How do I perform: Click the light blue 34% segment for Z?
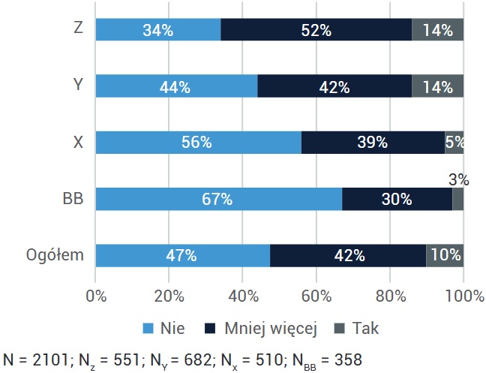coord(158,29)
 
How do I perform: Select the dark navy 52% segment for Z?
coord(316,29)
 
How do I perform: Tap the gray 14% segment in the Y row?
coord(438,86)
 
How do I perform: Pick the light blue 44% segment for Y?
coord(177,86)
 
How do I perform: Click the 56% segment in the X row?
coord(199,143)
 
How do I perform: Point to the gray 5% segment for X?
coord(454,143)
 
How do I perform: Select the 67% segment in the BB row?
coord(219,199)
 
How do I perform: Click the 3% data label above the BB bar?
coord(459,180)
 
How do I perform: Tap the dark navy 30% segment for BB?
coord(397,199)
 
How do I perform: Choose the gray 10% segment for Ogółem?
coord(445,255)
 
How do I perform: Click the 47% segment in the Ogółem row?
coord(183,255)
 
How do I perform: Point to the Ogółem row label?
coord(55,255)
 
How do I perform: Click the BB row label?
coord(73,198)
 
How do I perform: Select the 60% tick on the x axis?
coord(316,296)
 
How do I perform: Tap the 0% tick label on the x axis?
coord(96,296)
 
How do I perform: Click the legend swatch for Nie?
coord(148,329)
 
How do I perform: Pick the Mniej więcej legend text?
coord(271,329)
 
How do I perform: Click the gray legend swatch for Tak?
coord(340,329)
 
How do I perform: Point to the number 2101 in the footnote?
coord(50,360)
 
